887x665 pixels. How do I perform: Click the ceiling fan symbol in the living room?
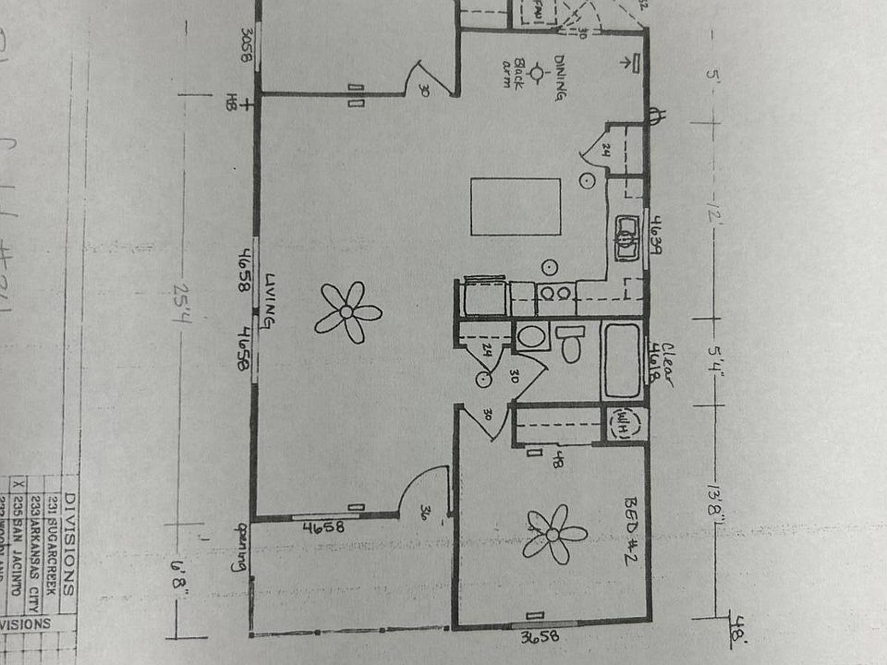pyautogui.click(x=347, y=312)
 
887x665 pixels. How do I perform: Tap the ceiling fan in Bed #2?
pyautogui.click(x=554, y=534)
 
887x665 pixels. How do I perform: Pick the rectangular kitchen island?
pyautogui.click(x=515, y=207)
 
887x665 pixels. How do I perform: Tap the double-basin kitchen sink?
pyautogui.click(x=628, y=238)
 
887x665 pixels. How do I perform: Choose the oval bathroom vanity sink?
pyautogui.click(x=531, y=335)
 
